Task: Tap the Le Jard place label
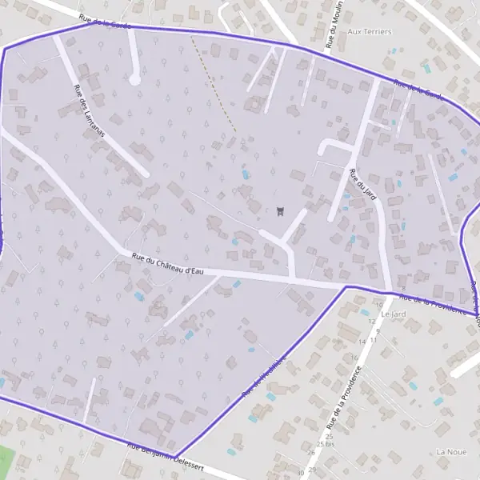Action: tap(394, 314)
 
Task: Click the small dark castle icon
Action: tap(280, 212)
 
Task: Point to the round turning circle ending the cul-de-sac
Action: tap(134, 79)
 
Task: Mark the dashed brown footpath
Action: tap(216, 84)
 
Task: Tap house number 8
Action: tap(404, 289)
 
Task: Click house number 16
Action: tap(354, 357)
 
